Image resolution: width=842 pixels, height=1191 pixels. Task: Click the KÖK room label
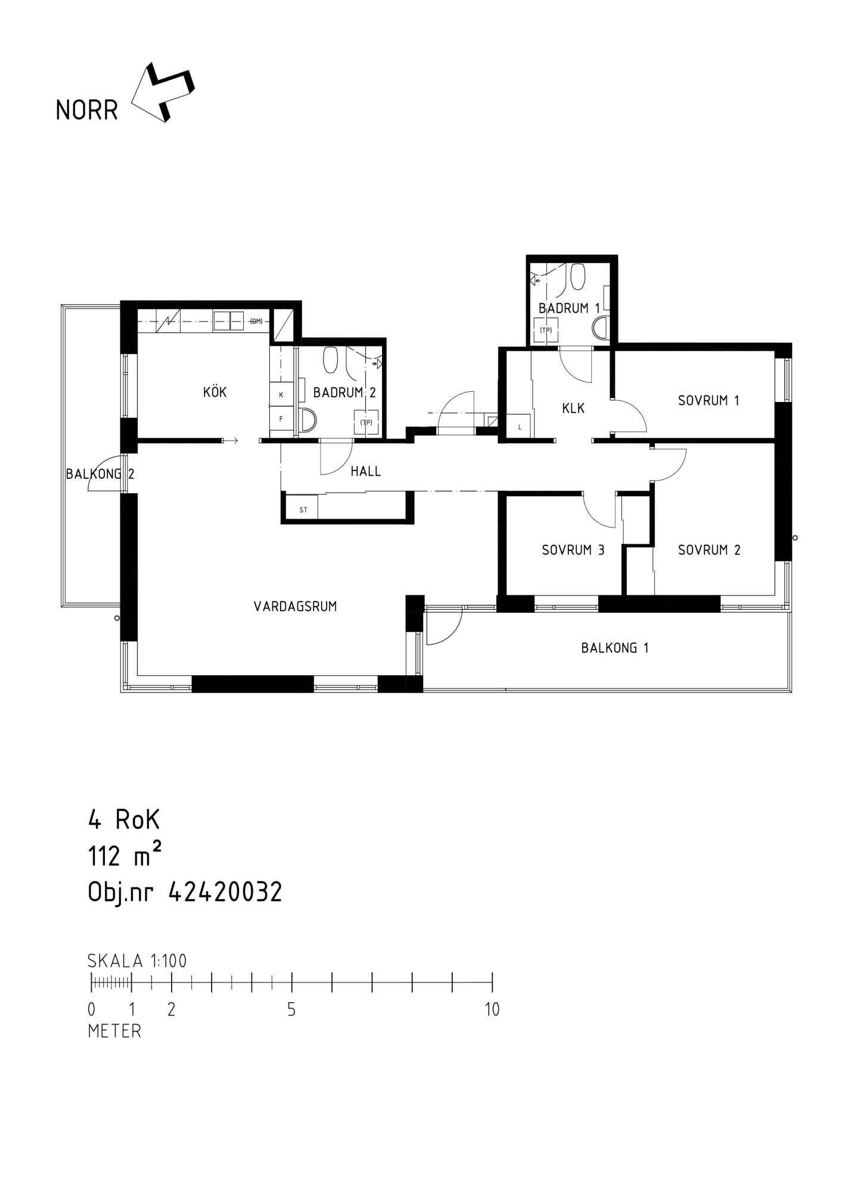pyautogui.click(x=215, y=392)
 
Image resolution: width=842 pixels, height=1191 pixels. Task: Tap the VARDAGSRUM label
pyautogui.click(x=295, y=606)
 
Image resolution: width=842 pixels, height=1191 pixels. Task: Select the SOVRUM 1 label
pyautogui.click(x=709, y=401)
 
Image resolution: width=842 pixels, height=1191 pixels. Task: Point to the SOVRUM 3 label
pyautogui.click(x=573, y=550)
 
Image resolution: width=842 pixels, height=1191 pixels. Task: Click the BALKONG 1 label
pyautogui.click(x=615, y=648)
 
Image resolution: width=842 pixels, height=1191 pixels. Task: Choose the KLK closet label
pyautogui.click(x=573, y=409)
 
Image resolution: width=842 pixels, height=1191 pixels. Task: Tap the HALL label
pyautogui.click(x=366, y=472)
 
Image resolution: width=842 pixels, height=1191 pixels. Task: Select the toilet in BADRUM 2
pyautogui.click(x=331, y=360)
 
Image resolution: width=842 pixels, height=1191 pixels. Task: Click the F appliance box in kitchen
pyautogui.click(x=281, y=419)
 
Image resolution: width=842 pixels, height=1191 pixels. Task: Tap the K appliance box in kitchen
pyautogui.click(x=281, y=395)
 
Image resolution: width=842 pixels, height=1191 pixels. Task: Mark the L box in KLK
pyautogui.click(x=520, y=426)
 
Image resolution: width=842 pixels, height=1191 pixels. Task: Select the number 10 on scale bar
pyautogui.click(x=492, y=1010)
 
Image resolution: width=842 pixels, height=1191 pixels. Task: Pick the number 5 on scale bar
pyautogui.click(x=291, y=1010)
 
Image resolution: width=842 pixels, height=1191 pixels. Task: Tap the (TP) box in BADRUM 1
pyautogui.click(x=546, y=331)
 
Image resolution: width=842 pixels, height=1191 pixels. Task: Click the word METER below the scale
pyautogui.click(x=114, y=1031)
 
